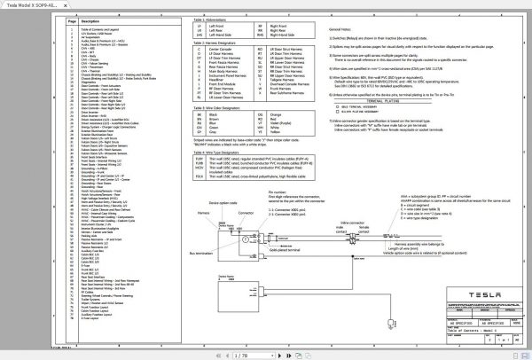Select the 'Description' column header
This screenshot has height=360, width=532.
(x=90, y=19)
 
